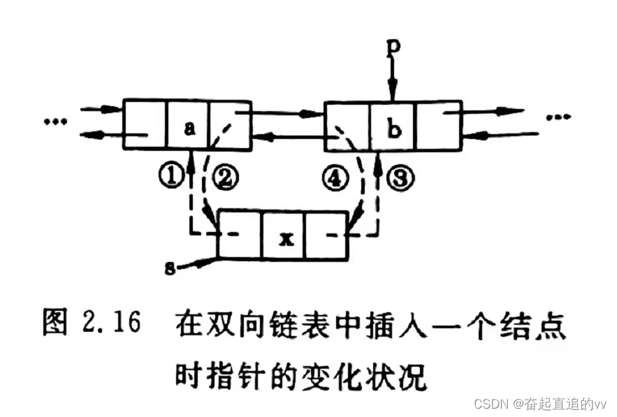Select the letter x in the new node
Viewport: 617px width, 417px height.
point(283,237)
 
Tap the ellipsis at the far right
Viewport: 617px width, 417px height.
point(559,117)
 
